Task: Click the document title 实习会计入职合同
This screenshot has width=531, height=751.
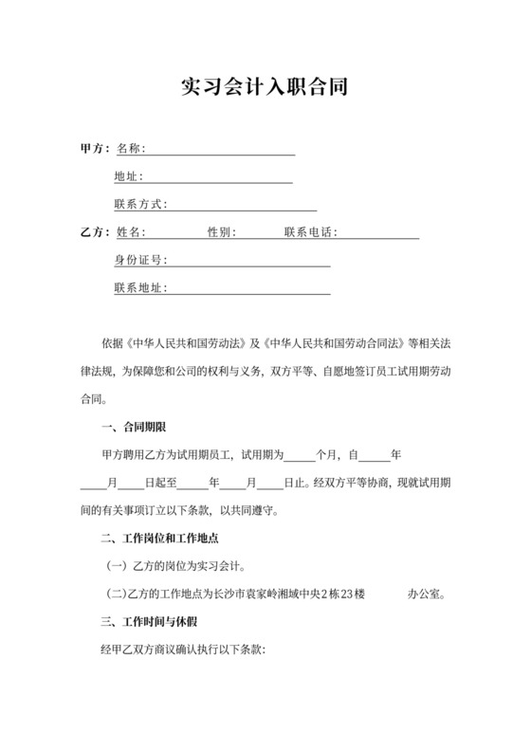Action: point(265,88)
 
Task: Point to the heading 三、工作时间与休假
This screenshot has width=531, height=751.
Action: point(148,623)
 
